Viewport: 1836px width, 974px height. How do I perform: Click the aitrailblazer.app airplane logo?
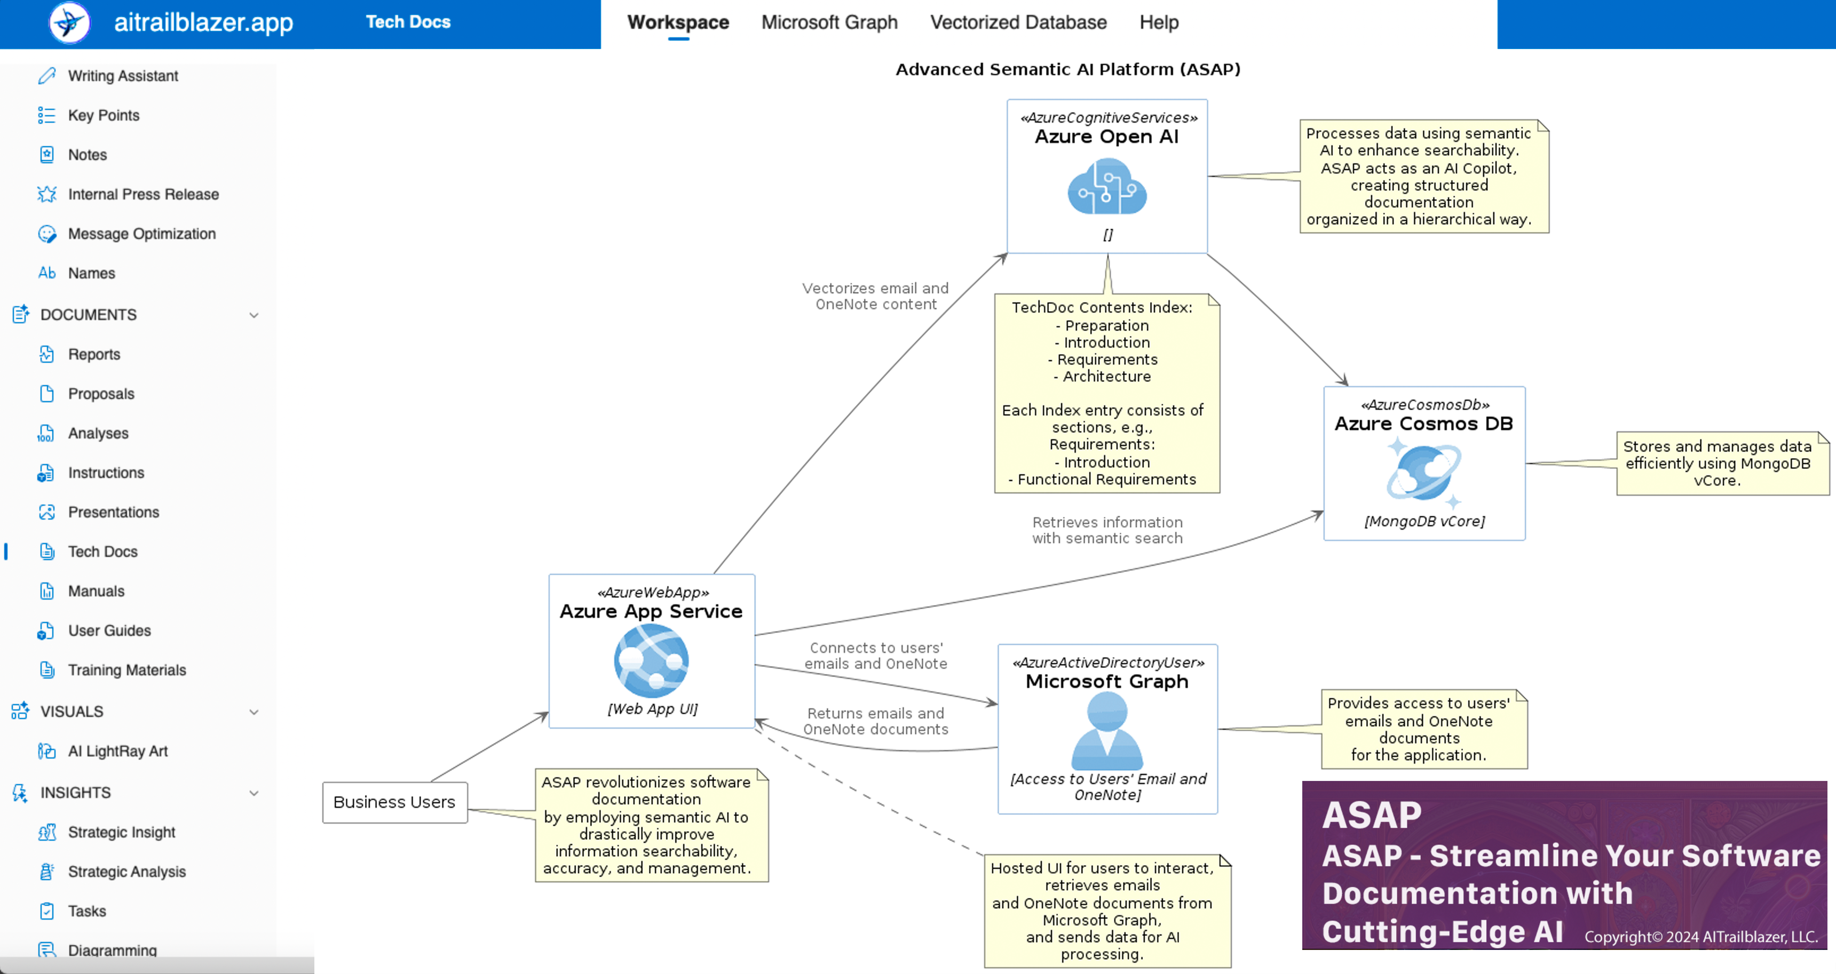point(69,23)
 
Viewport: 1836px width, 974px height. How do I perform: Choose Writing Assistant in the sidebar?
point(123,76)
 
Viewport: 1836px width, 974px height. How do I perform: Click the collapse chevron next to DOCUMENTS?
point(254,315)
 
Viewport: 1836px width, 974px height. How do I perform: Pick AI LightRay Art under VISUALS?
point(117,752)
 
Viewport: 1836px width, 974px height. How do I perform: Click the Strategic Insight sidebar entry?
point(121,832)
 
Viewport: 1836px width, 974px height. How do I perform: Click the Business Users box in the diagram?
point(394,802)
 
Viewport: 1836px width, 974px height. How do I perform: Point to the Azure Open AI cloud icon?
point(1107,187)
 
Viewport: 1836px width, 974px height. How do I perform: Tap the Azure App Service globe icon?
point(651,660)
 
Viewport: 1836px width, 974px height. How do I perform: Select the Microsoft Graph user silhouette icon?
point(1107,730)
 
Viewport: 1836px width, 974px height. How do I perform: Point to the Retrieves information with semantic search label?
point(1107,531)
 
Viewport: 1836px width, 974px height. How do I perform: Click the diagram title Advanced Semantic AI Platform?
point(1067,69)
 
